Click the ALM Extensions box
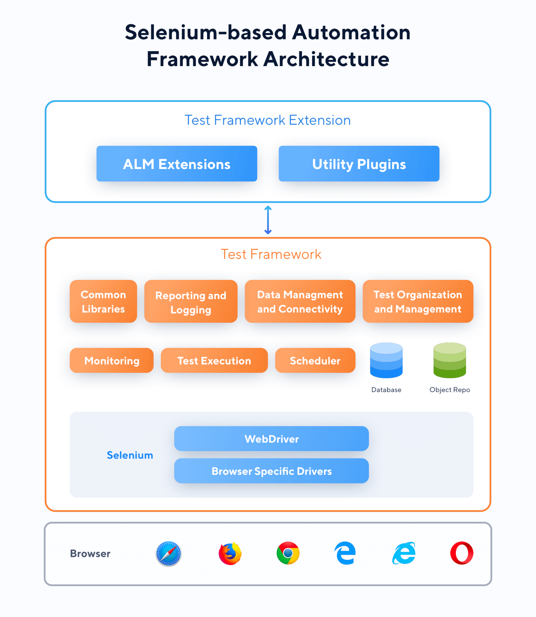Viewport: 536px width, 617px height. click(177, 164)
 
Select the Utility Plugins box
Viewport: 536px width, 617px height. click(359, 164)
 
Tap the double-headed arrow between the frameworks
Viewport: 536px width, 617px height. click(268, 220)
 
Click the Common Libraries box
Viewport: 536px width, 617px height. click(103, 301)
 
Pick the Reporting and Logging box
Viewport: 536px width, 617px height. click(191, 301)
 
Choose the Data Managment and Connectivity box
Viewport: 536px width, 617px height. click(300, 301)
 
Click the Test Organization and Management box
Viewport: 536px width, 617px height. click(418, 301)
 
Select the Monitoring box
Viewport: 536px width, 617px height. click(112, 360)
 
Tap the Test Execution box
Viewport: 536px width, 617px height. click(214, 360)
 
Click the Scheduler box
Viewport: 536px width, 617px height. click(315, 360)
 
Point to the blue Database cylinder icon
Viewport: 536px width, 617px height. click(386, 360)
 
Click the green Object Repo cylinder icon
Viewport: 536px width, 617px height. click(449, 360)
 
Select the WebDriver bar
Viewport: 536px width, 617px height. click(271, 438)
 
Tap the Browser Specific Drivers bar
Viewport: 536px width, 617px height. click(271, 471)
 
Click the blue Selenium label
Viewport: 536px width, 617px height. click(130, 455)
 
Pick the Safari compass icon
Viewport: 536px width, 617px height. click(169, 553)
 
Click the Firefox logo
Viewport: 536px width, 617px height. click(230, 553)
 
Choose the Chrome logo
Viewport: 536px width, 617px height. click(288, 553)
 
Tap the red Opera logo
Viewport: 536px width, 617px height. click(462, 553)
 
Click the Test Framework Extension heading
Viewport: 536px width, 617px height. click(268, 120)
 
